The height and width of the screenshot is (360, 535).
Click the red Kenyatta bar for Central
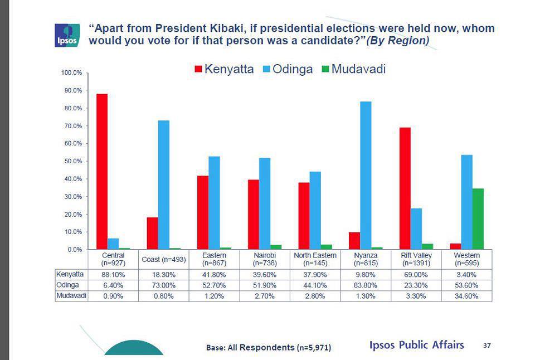102,172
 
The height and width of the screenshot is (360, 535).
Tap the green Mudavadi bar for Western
478,219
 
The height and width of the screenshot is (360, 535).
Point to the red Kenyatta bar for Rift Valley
405,188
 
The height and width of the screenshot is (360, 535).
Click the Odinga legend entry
288,70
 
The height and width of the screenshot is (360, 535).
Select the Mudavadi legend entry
353,70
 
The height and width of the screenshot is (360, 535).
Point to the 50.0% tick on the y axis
72,161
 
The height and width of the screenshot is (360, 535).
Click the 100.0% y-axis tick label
71,73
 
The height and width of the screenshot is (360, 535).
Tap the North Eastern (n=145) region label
315,259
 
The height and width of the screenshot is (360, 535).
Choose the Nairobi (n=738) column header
265,259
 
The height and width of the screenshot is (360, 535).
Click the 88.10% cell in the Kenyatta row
114,275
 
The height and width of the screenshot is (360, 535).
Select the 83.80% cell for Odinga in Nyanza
365,285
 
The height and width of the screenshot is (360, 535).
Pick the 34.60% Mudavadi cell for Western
466,296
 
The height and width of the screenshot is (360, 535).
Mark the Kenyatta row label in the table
70,275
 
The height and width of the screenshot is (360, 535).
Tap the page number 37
487,346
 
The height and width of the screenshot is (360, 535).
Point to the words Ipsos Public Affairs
416,345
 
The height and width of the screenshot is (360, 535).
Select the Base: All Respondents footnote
268,348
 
